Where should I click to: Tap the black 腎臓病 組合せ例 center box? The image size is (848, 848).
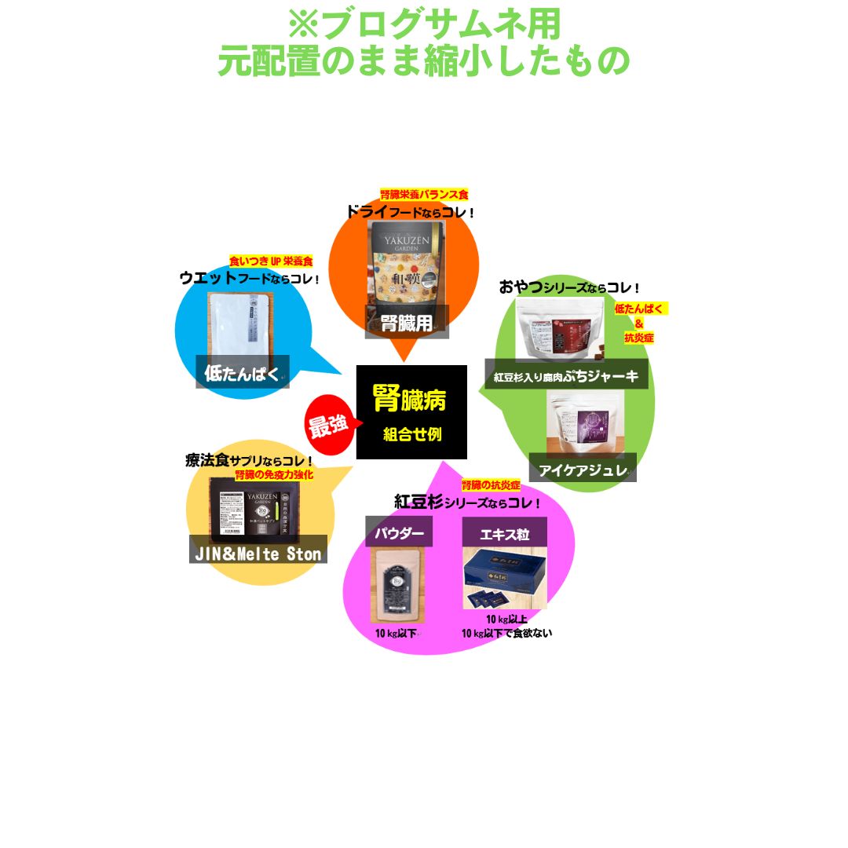point(411,412)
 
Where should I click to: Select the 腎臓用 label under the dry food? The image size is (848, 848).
point(407,323)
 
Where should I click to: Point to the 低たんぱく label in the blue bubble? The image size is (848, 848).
point(242,372)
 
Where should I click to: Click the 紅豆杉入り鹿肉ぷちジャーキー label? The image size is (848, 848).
point(566,376)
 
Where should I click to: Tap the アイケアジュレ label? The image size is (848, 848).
point(582,469)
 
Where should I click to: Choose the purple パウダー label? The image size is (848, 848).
point(399,533)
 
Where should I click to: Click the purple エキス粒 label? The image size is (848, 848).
point(504,534)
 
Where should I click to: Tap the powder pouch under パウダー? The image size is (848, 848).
point(397,585)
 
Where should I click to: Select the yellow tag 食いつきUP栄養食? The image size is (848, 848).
point(271,260)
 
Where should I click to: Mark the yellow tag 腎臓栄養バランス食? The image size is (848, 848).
point(424,194)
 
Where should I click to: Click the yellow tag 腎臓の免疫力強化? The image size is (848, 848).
point(275,474)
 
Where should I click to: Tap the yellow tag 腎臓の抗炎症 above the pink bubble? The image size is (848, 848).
point(491,485)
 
